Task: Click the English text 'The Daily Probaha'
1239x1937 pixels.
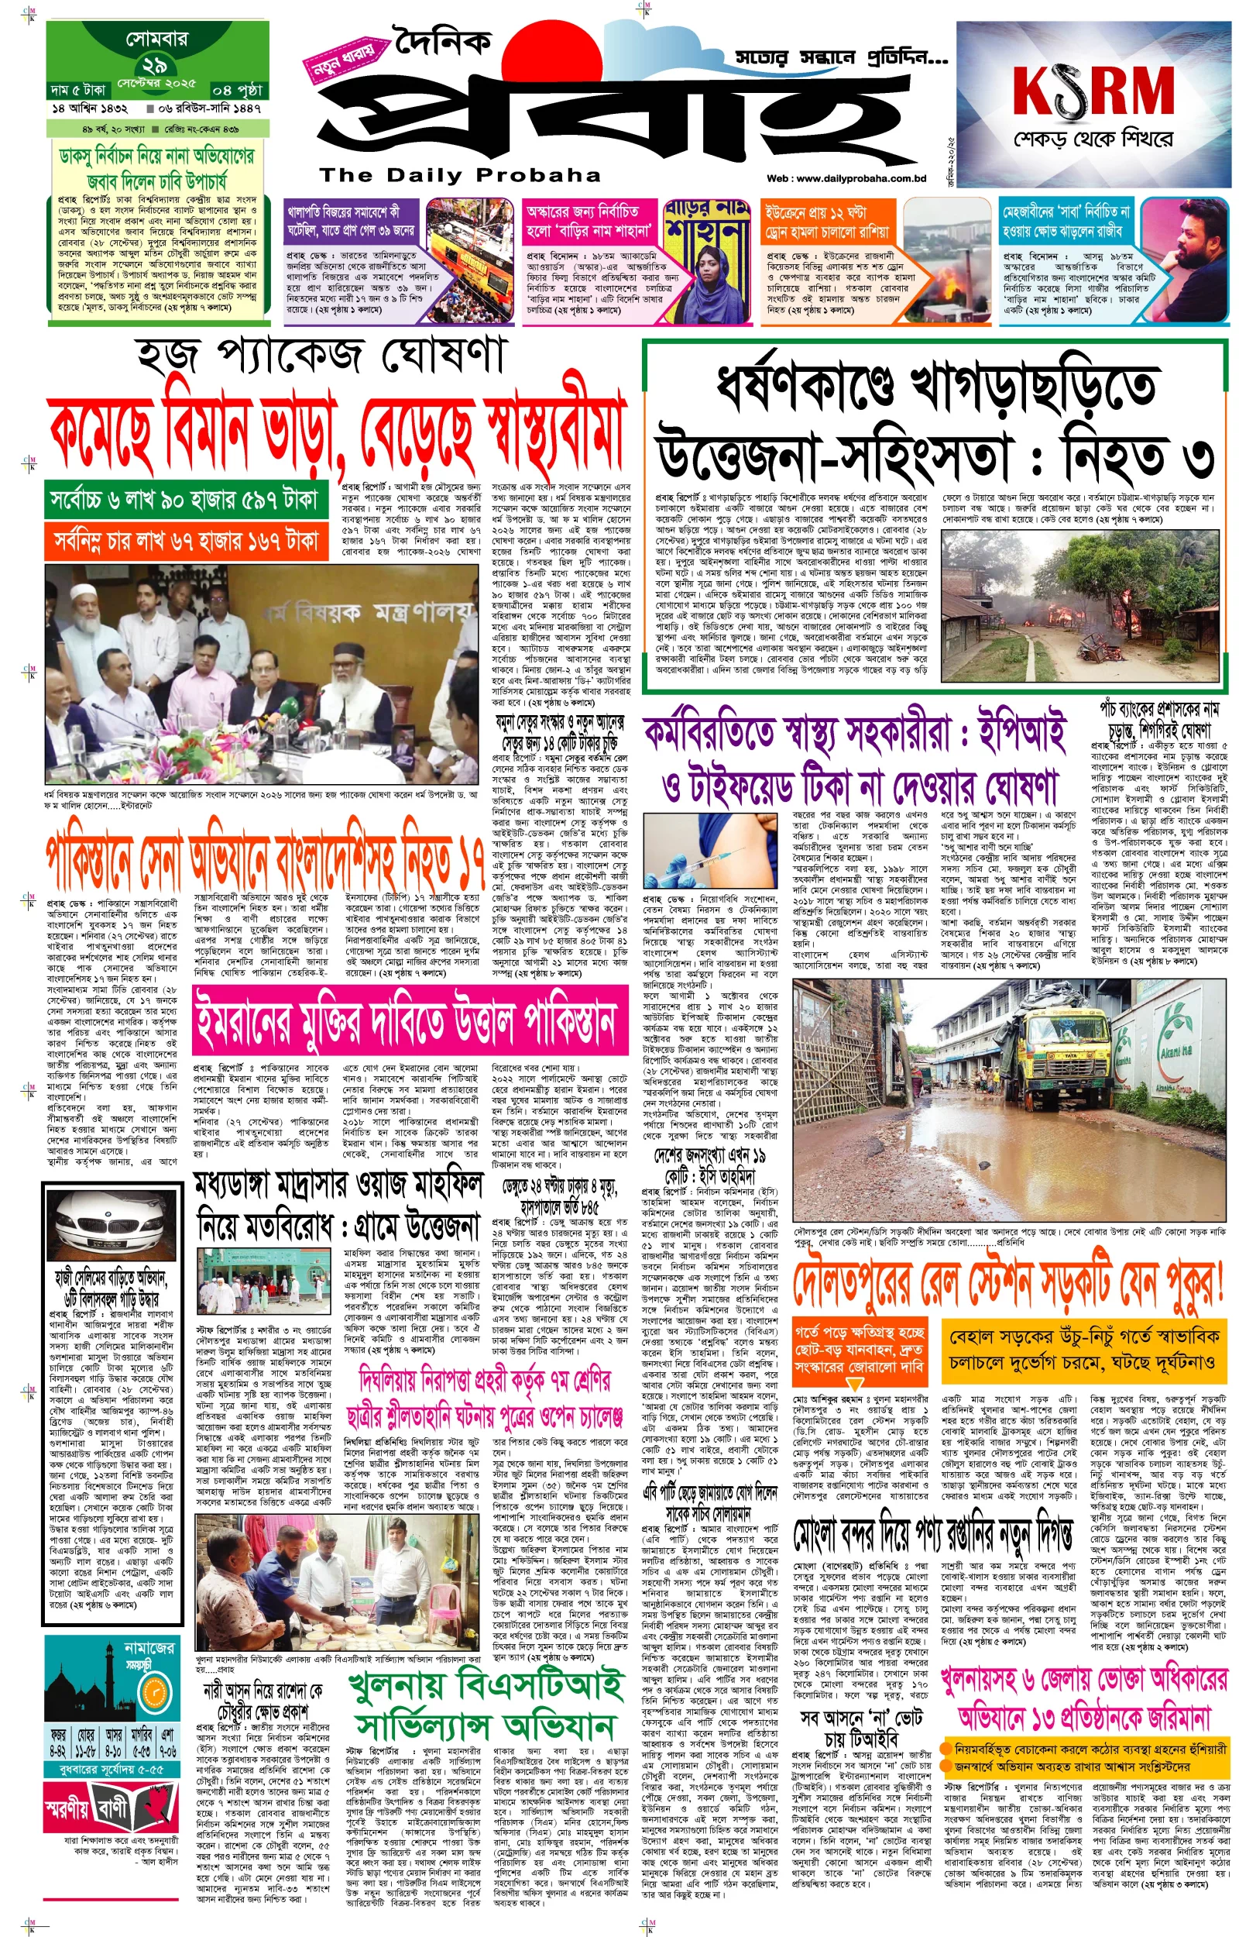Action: (x=459, y=175)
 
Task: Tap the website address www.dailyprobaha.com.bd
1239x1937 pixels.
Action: (x=846, y=179)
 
